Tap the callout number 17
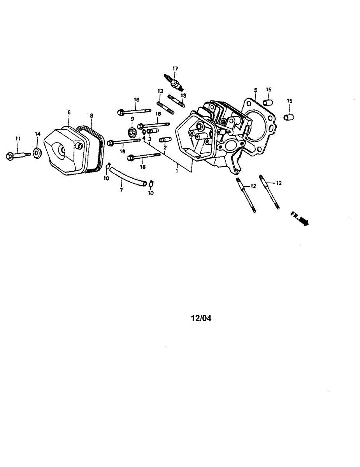click(x=175, y=69)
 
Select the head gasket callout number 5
click(x=256, y=90)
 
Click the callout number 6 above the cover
click(x=69, y=112)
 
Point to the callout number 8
click(x=91, y=115)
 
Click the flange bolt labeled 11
click(x=18, y=155)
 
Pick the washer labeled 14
click(x=37, y=153)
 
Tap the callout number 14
click(x=38, y=134)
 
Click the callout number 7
click(x=121, y=190)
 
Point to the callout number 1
click(x=177, y=170)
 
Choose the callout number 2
click(x=165, y=148)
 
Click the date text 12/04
click(x=201, y=318)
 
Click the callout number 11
click(x=18, y=139)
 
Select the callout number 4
click(x=144, y=138)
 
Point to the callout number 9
click(x=132, y=119)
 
